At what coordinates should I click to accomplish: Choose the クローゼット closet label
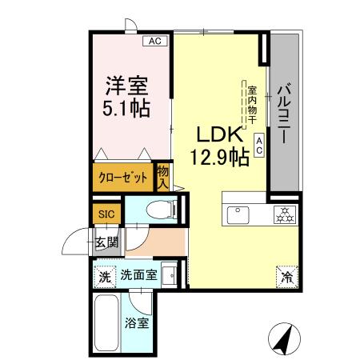coord(122,178)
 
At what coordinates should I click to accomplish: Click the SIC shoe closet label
coord(106,214)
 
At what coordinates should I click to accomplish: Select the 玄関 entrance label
coord(107,242)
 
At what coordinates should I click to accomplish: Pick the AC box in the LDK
coord(260,144)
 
